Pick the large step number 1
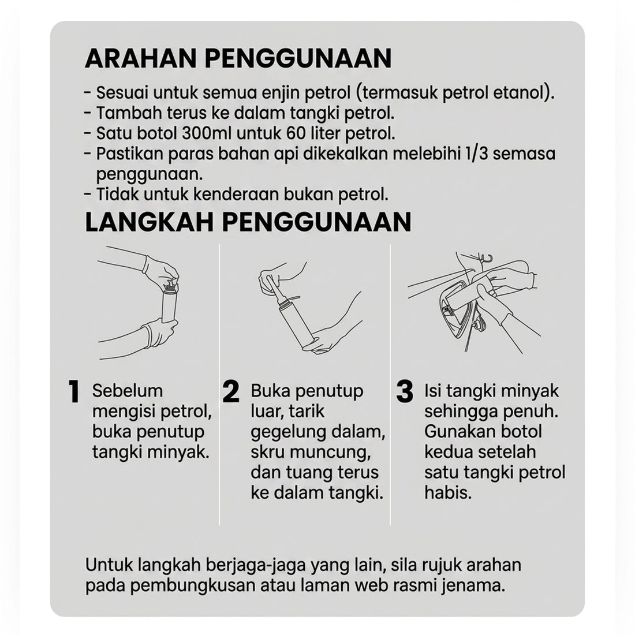[x=74, y=391]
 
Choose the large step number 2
[x=231, y=391]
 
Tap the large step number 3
[x=405, y=391]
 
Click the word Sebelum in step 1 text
[x=128, y=391]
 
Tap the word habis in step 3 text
[x=448, y=493]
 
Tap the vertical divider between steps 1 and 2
[x=219, y=384]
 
